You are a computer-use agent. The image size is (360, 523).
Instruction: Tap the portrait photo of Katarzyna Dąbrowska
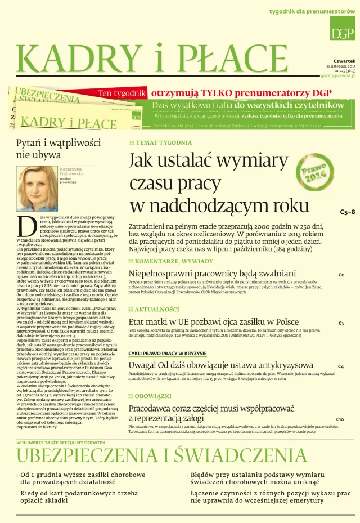coord(37,188)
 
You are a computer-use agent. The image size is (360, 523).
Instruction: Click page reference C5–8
coord(347,212)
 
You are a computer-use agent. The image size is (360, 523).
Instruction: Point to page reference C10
coord(340,419)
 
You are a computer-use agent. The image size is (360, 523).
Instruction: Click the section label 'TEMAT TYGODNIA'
coord(163,143)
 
